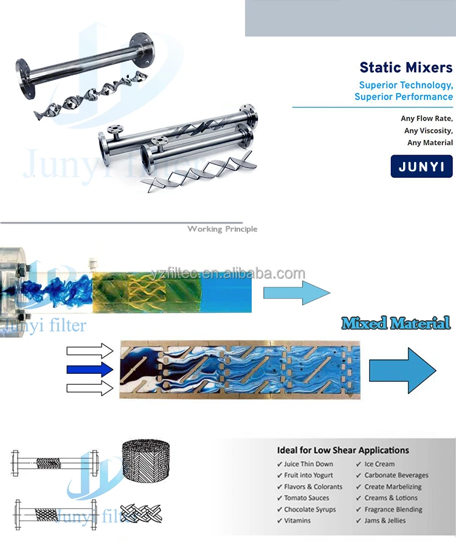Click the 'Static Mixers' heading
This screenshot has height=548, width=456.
click(x=406, y=68)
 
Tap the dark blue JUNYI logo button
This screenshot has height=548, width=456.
click(x=421, y=166)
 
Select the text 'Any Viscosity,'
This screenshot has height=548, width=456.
click(x=428, y=130)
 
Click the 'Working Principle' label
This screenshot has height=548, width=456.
click(x=222, y=229)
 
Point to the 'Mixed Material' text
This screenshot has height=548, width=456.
click(x=396, y=323)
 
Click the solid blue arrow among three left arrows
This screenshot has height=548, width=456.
click(x=90, y=368)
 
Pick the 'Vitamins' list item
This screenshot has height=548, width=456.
click(x=297, y=521)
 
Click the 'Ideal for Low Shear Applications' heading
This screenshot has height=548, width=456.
click(x=343, y=451)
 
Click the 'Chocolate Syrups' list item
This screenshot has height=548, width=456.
click(x=309, y=510)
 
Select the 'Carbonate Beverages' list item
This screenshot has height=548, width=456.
click(x=396, y=475)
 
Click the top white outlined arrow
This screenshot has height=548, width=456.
click(x=90, y=350)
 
